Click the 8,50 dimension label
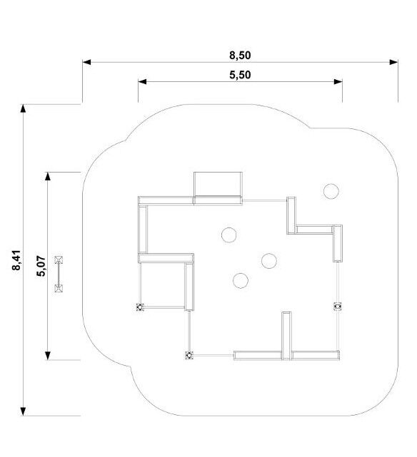pyautogui.click(x=240, y=55)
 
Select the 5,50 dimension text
pyautogui.click(x=240, y=75)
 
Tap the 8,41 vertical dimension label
pyautogui.click(x=16, y=260)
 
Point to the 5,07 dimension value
pyautogui.click(x=41, y=266)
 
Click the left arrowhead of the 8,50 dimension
pyautogui.click(x=86, y=62)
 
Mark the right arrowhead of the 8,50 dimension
pyautogui.click(x=394, y=62)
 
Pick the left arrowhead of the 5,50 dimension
pyautogui.click(x=142, y=81)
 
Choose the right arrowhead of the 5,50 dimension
pyautogui.click(x=338, y=81)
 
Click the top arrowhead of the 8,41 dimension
pyautogui.click(x=23, y=108)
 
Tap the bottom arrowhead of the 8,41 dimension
pyautogui.click(x=23, y=411)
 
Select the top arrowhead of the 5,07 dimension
pyautogui.click(x=48, y=176)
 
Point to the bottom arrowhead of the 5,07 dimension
pyautogui.click(x=48, y=356)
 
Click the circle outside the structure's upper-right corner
pyautogui.click(x=331, y=191)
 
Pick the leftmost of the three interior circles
pyautogui.click(x=228, y=235)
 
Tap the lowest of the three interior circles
pyautogui.click(x=241, y=281)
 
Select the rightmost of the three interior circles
pyautogui.click(x=269, y=260)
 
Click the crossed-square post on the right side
pyautogui.click(x=338, y=307)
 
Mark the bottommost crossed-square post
pyautogui.click(x=189, y=355)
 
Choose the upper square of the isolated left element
pyautogui.click(x=59, y=260)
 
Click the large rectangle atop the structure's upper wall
pyautogui.click(x=218, y=184)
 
